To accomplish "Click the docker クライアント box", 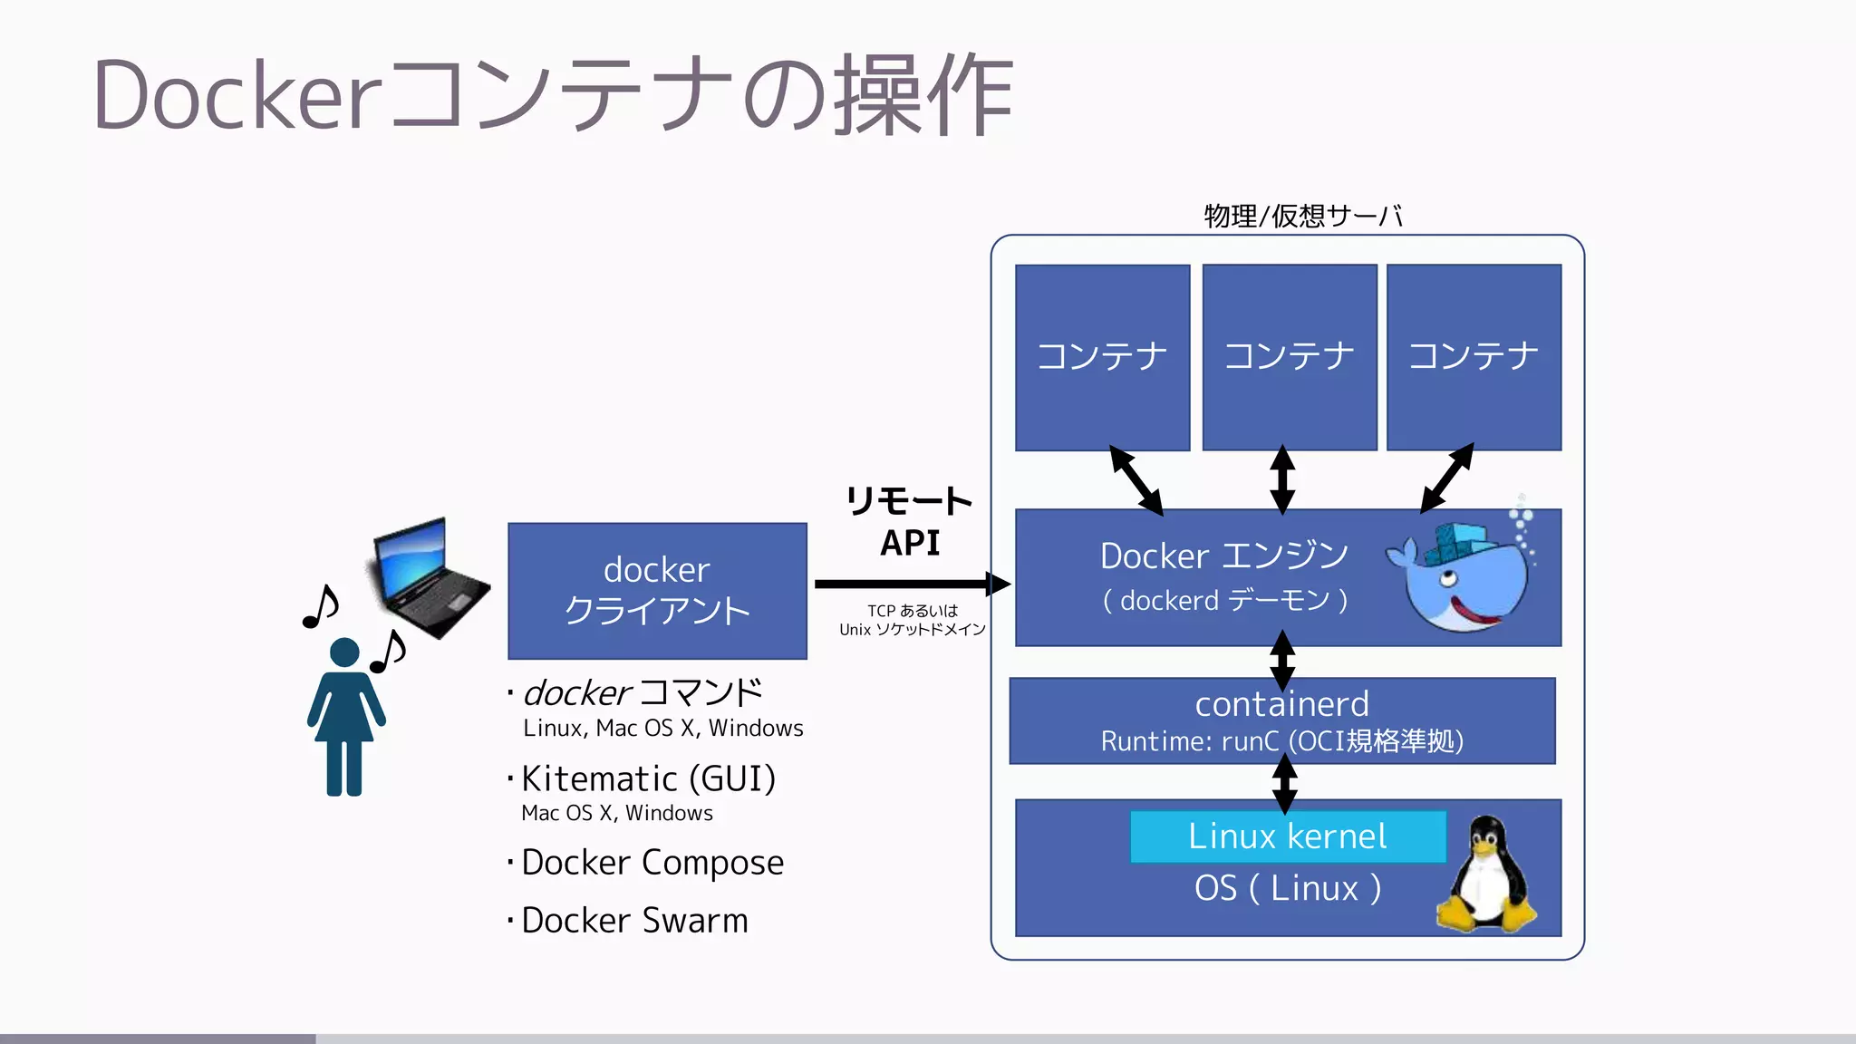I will point(657,591).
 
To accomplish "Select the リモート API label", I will point(909,522).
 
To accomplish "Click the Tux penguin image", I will point(1486,875).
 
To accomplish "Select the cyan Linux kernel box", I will point(1287,836).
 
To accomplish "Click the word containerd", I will point(1281,704).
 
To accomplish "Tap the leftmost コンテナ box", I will point(1102,357).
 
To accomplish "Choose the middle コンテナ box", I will point(1289,357).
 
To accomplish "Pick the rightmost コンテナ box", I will point(1474,357).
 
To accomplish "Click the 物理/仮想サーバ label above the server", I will point(1302,217).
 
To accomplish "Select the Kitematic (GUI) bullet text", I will point(648,779).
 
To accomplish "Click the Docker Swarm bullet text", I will point(634,921).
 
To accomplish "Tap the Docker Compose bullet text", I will point(652,863).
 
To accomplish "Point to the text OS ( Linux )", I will point(1287,889).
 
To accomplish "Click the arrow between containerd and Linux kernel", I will point(1284,784).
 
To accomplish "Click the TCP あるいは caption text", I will point(912,611).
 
